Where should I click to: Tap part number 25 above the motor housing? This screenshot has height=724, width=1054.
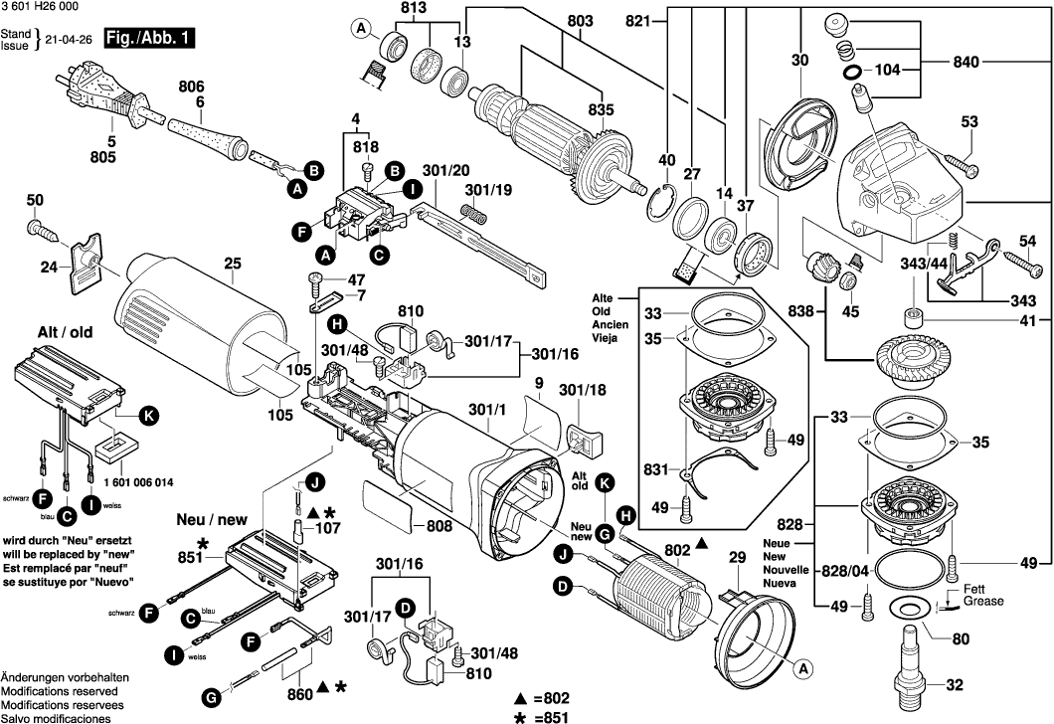[x=232, y=265]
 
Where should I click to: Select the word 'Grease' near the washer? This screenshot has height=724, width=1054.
[x=982, y=601]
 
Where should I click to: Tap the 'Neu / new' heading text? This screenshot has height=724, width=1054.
[x=211, y=520]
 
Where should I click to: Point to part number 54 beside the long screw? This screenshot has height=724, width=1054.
[x=1027, y=242]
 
